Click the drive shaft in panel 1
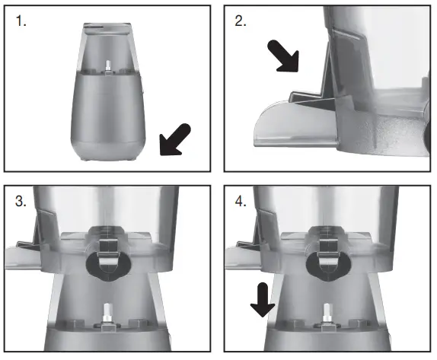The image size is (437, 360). [x=109, y=67]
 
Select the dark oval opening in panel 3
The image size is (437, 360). [x=107, y=263]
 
